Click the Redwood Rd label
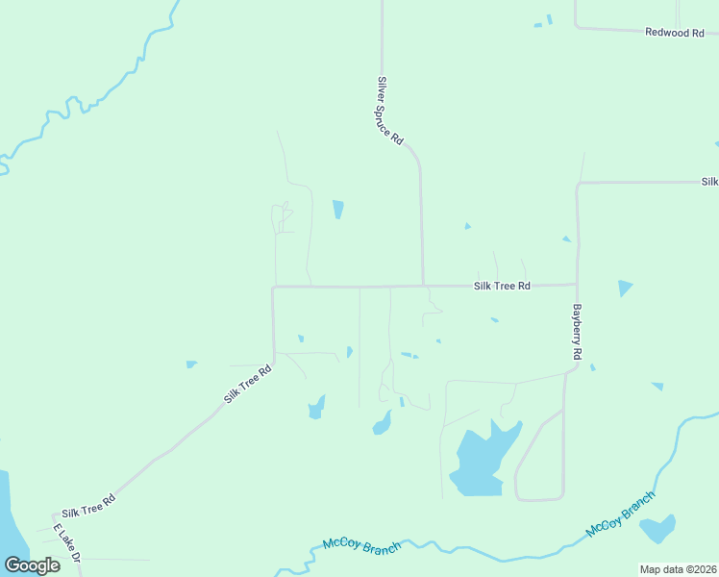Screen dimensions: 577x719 [668, 33]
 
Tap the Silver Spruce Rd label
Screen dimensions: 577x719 [389, 111]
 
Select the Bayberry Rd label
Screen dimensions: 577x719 [578, 332]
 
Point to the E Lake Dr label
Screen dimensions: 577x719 [68, 544]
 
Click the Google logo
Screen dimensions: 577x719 [32, 565]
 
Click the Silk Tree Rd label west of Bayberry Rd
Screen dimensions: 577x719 [502, 287]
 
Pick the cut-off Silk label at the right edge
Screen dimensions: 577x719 [709, 182]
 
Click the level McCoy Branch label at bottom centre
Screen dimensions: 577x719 [361, 544]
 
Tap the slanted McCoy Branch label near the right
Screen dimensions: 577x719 [620, 515]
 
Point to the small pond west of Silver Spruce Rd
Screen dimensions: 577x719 [337, 209]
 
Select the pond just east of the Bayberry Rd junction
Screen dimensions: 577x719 [625, 288]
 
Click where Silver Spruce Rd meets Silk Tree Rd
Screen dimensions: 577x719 [423, 286]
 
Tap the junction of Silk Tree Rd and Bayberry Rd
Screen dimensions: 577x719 [577, 285]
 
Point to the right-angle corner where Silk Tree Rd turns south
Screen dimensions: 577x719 [274, 287]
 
